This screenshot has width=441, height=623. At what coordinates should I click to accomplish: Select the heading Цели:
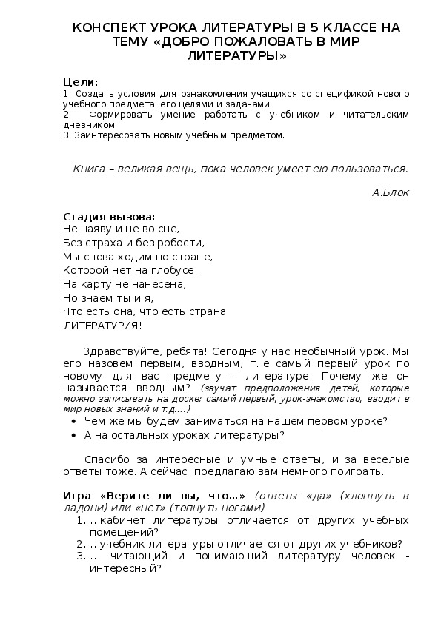click(x=80, y=81)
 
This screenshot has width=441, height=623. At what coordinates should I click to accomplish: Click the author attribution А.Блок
click(x=390, y=192)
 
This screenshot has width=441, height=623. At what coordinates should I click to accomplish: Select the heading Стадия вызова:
click(x=110, y=217)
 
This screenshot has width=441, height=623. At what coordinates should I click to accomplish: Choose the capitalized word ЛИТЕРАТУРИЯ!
click(x=102, y=325)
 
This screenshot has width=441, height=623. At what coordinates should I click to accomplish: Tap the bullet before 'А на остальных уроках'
click(x=76, y=436)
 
